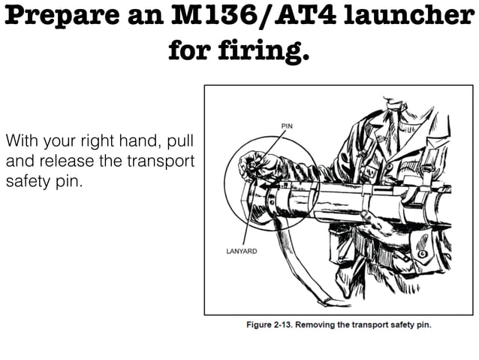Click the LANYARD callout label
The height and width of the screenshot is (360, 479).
coord(241,251)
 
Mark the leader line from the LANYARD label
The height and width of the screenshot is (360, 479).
coord(248,218)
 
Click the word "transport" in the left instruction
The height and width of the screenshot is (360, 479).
coord(162,162)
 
